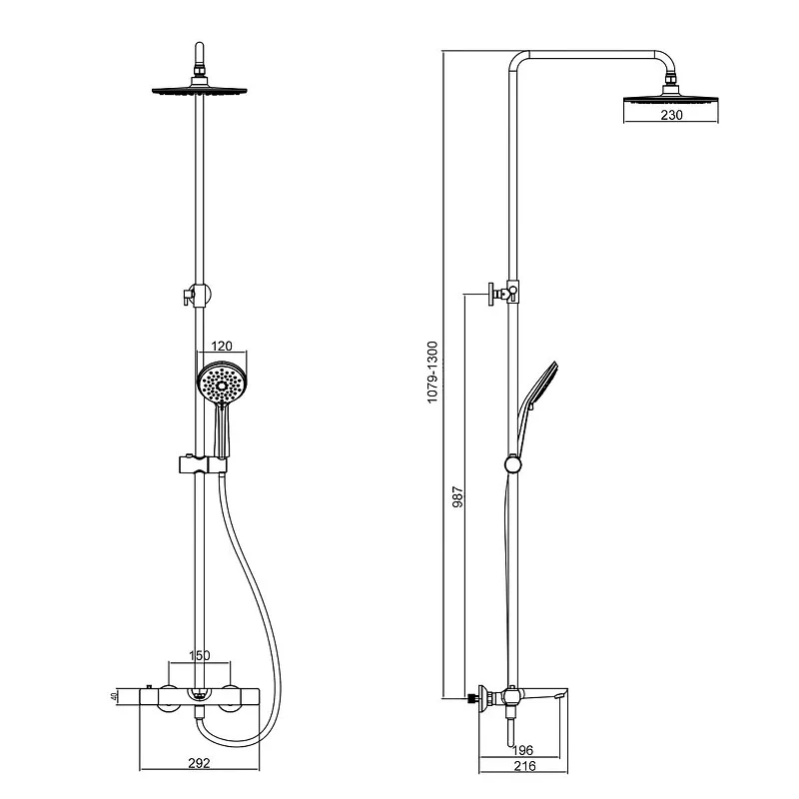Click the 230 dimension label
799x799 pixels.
click(671, 115)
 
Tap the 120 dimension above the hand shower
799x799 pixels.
click(222, 347)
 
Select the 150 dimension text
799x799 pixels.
click(199, 655)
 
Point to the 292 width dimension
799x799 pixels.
click(199, 763)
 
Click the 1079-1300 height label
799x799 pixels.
click(432, 373)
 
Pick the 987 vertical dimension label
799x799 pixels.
click(458, 496)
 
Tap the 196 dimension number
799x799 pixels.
click(522, 750)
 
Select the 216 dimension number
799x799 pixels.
click(525, 765)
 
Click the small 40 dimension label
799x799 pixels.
click(114, 695)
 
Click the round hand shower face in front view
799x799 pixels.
click(222, 384)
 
